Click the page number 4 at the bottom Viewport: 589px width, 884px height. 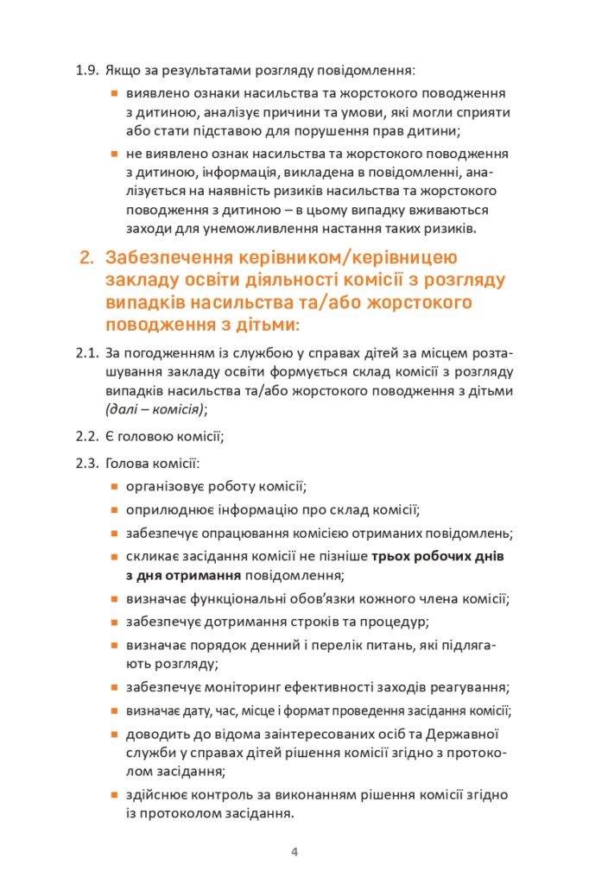[294, 853]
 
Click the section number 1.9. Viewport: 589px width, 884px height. [88, 69]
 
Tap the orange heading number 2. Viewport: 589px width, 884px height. [85, 258]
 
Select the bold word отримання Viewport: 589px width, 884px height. [204, 575]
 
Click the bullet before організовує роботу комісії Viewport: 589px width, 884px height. [114, 488]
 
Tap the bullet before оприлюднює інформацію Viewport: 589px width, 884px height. [114, 510]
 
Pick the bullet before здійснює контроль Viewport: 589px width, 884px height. [114, 794]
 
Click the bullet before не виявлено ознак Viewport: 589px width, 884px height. [114, 154]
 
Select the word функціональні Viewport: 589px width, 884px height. [238, 598]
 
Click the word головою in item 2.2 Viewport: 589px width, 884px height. [153, 437]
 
